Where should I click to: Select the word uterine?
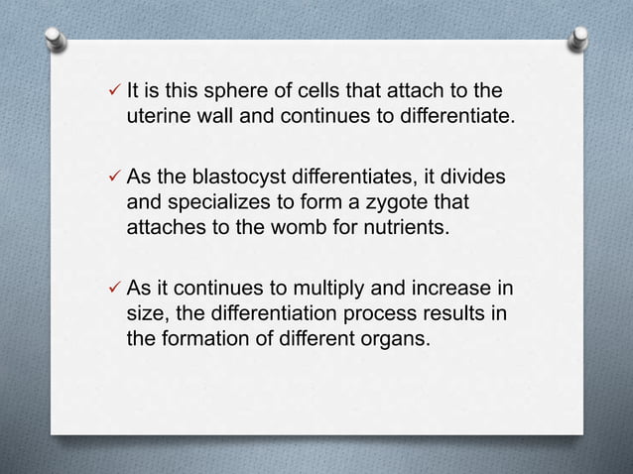pos(156,120)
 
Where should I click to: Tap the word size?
pos(145,314)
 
